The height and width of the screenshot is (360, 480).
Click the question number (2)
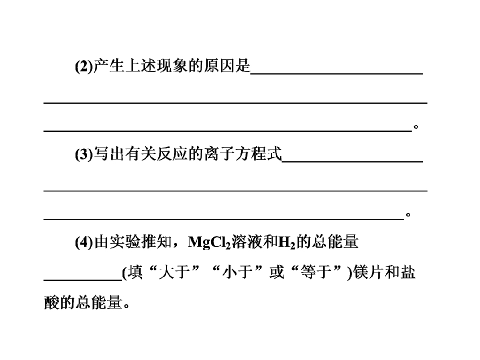84,66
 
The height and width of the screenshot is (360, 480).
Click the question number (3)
84,154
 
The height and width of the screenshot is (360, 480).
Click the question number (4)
84,242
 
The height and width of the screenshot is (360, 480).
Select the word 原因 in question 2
219,66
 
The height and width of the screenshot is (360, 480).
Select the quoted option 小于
237,272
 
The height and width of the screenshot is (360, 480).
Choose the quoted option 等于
315,272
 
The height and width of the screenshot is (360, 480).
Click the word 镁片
368,272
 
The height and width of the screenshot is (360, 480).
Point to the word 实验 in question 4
125,242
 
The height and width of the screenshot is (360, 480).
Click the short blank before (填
82,280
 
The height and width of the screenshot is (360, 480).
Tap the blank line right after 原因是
336,73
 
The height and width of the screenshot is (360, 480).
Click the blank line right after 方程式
352,161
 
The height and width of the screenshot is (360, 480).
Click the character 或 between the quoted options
276,272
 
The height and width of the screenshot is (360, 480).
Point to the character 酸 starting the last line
51,302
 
